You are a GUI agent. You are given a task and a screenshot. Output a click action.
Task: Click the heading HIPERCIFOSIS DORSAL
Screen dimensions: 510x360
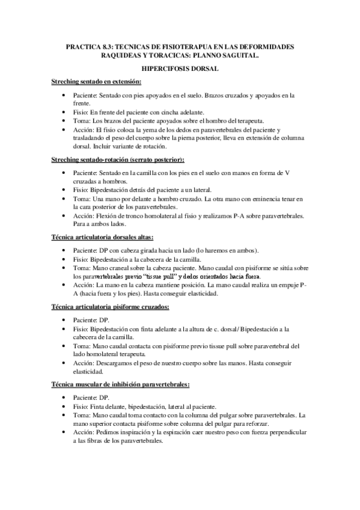point(180,69)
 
